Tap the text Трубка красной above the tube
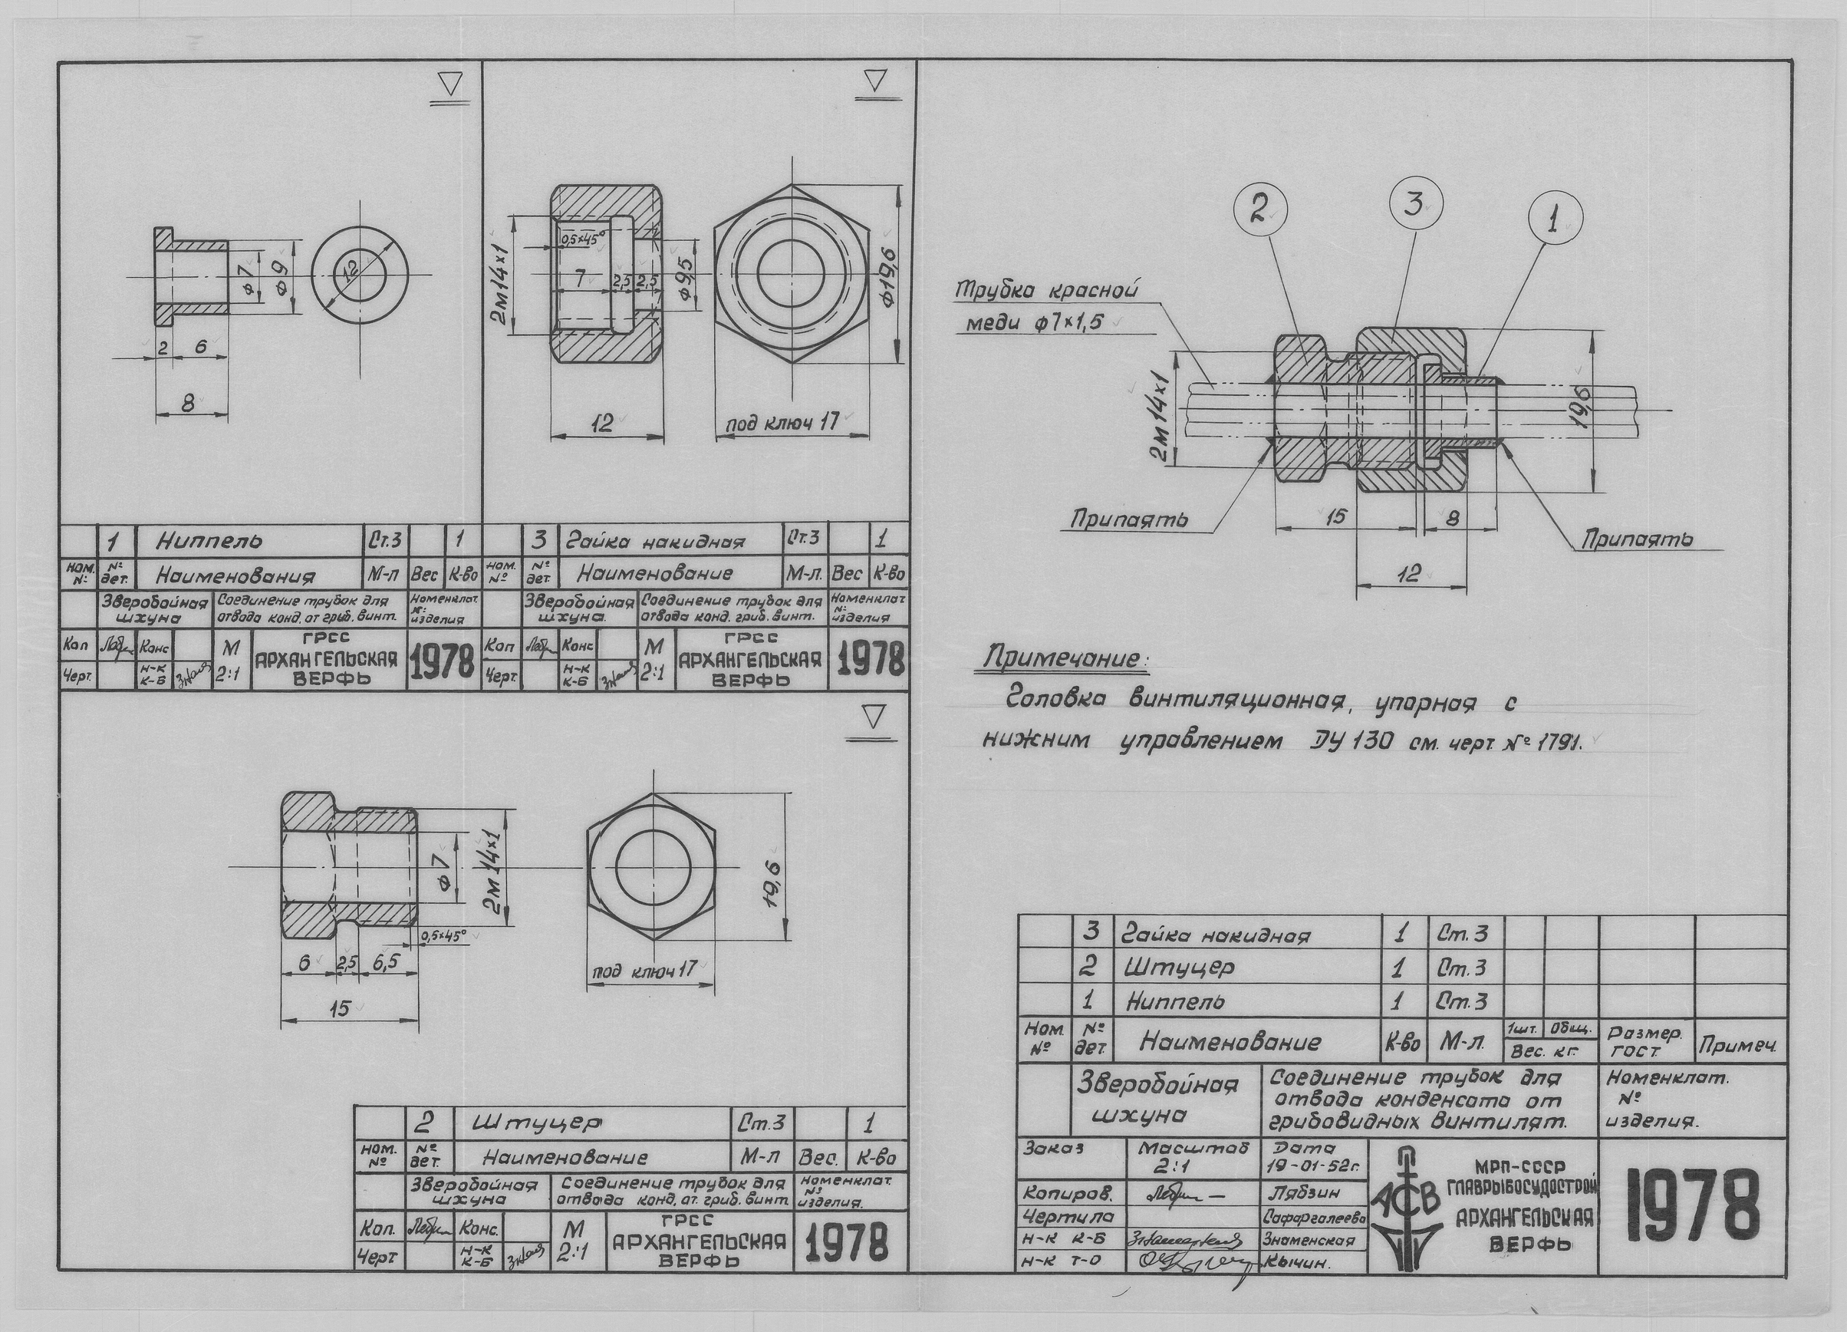(1045, 291)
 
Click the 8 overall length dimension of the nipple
(188, 404)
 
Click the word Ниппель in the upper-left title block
(210, 540)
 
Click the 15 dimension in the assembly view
(1334, 516)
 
